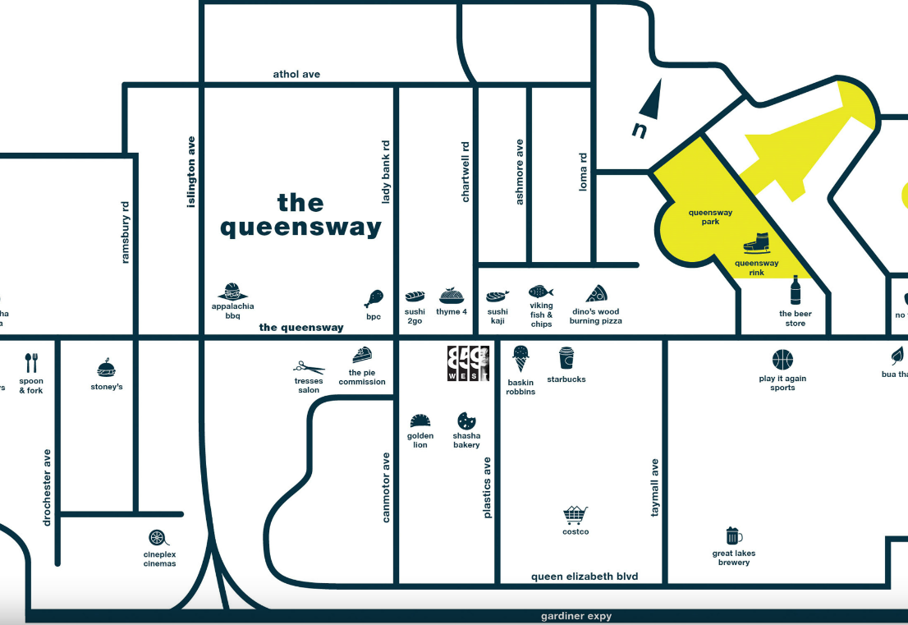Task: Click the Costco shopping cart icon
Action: coord(576,515)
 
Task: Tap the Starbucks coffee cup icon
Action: coord(566,359)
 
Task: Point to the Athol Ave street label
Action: coord(296,74)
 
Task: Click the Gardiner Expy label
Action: coord(576,616)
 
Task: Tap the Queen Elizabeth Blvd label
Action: coord(585,577)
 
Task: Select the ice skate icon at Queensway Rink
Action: coord(757,244)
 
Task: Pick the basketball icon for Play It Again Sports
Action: coord(782,360)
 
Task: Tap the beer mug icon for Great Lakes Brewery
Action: coord(734,536)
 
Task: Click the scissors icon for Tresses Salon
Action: coord(310,367)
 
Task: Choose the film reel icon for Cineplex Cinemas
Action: coord(157,538)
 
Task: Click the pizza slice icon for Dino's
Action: coord(596,293)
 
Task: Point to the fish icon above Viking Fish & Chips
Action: coord(541,292)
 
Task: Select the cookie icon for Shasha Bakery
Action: coord(467,420)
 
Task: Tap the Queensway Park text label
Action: coord(710,217)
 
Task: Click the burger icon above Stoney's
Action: coord(107,367)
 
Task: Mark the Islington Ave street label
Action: coord(191,171)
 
